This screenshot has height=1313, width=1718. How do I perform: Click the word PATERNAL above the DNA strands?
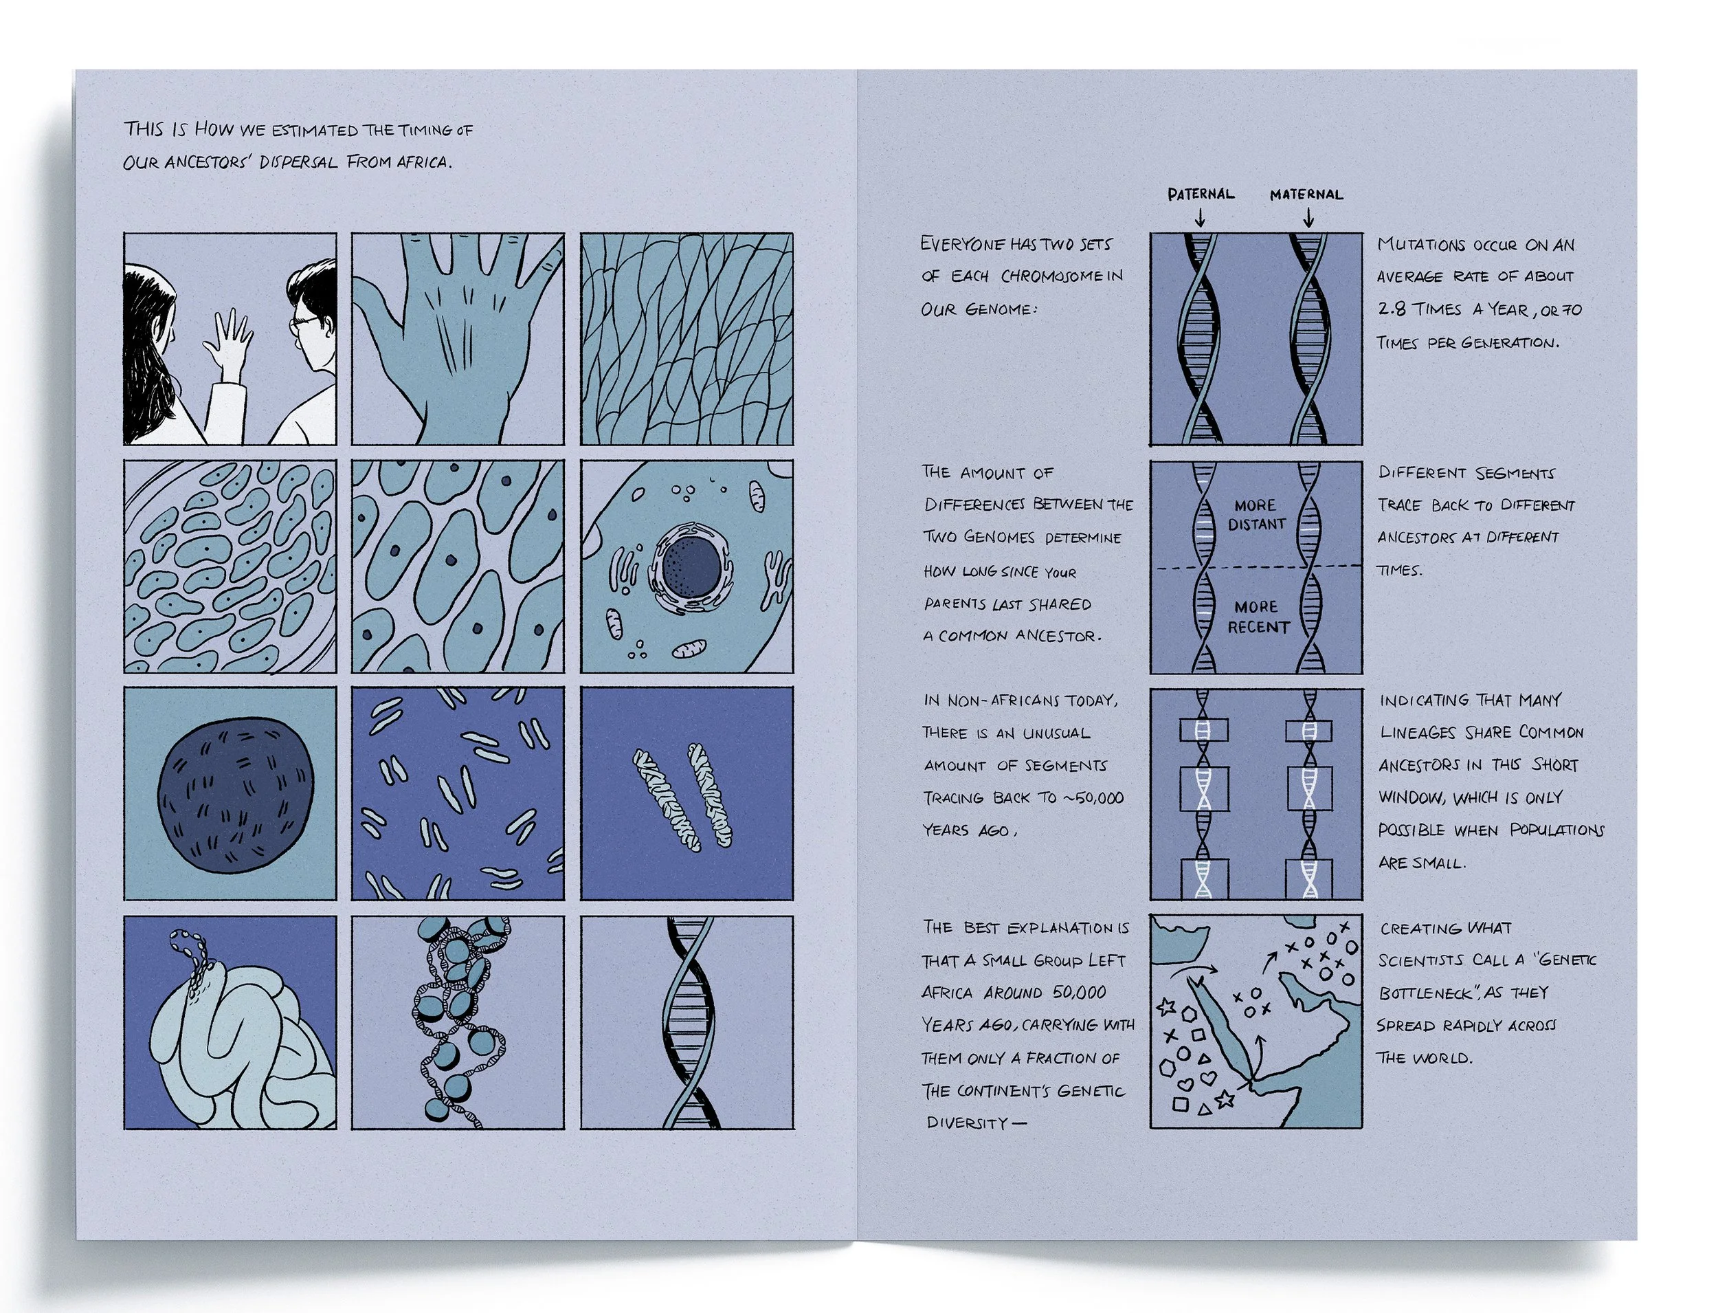pos(1201,193)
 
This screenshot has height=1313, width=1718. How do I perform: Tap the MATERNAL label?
pos(1306,194)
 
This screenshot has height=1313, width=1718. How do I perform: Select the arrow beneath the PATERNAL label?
pos(1200,217)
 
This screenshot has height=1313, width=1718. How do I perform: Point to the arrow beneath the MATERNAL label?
pos(1308,217)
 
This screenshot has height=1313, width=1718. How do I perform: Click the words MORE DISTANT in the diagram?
pos(1256,514)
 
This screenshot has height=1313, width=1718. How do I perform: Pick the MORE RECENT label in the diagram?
pos(1257,617)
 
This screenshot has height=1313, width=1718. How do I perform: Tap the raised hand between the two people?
pos(227,342)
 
